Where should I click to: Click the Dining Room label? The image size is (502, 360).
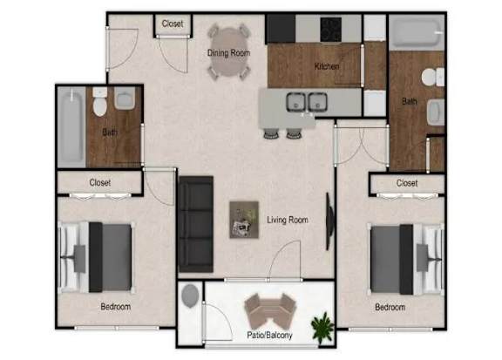pyautogui.click(x=228, y=53)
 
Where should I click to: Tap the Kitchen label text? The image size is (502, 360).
pyautogui.click(x=327, y=66)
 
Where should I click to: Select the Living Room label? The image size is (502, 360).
pyautogui.click(x=288, y=220)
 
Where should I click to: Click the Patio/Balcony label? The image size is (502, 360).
pyautogui.click(x=269, y=335)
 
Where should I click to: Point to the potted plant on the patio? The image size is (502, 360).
pyautogui.click(x=322, y=328)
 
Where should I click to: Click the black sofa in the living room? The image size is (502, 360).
pyautogui.click(x=196, y=224)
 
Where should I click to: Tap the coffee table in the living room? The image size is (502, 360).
pyautogui.click(x=244, y=220)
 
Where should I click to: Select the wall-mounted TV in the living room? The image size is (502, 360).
pyautogui.click(x=329, y=221)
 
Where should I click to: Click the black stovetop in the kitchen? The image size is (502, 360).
pyautogui.click(x=330, y=29)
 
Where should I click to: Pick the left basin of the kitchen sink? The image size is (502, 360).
pyautogui.click(x=295, y=102)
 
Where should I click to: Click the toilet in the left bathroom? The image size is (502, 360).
pyautogui.click(x=100, y=102)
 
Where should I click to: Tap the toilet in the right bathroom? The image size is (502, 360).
pyautogui.click(x=432, y=78)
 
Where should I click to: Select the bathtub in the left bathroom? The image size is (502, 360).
pyautogui.click(x=71, y=127)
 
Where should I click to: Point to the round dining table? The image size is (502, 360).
pyautogui.click(x=228, y=52)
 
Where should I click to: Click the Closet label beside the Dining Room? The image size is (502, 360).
pyautogui.click(x=173, y=24)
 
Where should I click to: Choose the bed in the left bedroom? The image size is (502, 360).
pyautogui.click(x=96, y=257)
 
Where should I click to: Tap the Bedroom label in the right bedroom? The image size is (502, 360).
pyautogui.click(x=390, y=307)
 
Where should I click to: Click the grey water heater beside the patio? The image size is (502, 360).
pyautogui.click(x=190, y=296)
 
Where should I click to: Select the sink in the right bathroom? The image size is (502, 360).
pyautogui.click(x=436, y=112)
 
